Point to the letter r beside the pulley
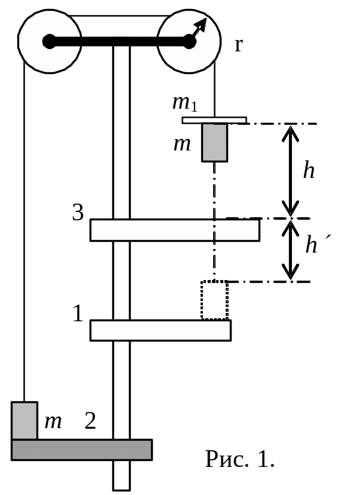[238, 45]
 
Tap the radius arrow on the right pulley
[199, 29]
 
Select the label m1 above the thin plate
[184, 103]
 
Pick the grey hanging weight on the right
[215, 142]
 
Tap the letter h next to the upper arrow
[309, 171]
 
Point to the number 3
[78, 213]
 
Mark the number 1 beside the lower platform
[78, 314]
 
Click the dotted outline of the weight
[214, 300]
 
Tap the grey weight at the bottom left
[24, 420]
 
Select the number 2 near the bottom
[90, 422]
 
